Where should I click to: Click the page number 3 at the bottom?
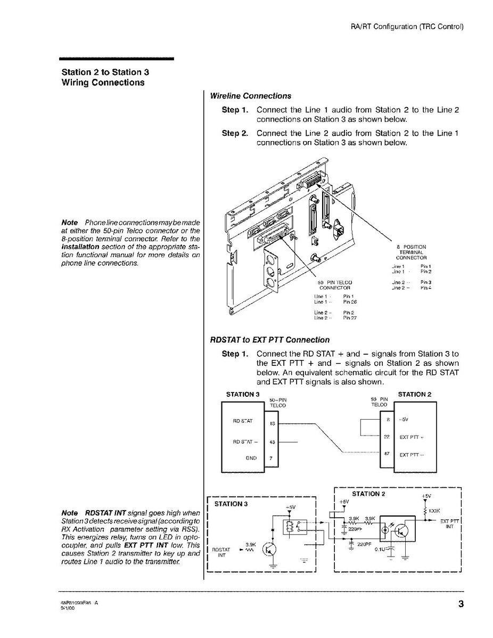(x=460, y=603)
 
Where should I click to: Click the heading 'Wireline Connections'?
(x=250, y=96)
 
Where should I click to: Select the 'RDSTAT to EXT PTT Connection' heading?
(x=269, y=340)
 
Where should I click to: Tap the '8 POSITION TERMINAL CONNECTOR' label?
(x=411, y=252)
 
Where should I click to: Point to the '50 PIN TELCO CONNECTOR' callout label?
(x=334, y=284)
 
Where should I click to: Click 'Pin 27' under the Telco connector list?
(x=349, y=318)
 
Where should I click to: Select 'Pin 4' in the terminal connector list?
(x=425, y=288)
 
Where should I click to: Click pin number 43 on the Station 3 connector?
(x=272, y=442)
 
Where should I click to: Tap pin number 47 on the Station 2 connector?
(x=387, y=454)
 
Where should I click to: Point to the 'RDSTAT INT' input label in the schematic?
(x=220, y=552)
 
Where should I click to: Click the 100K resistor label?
(x=433, y=510)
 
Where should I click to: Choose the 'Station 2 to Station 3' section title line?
(x=101, y=72)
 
